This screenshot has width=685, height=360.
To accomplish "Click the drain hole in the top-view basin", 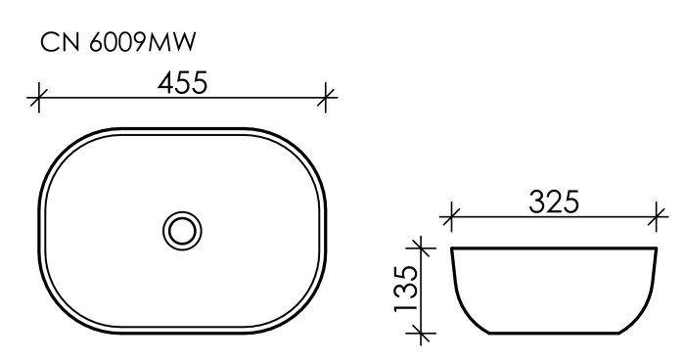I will (x=182, y=230).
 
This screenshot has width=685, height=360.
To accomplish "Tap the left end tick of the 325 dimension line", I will (x=451, y=213).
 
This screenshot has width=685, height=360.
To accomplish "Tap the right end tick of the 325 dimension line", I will (x=658, y=213).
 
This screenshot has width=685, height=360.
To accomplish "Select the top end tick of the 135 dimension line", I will (x=421, y=248).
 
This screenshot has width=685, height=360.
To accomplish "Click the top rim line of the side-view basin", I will (x=554, y=248).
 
